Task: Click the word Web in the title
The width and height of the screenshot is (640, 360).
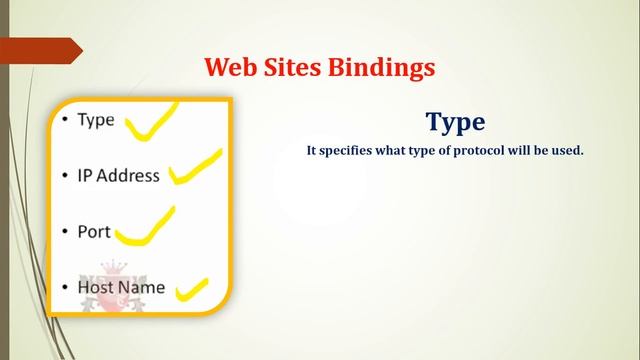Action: point(227,67)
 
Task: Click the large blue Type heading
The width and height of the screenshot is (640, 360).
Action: point(455,122)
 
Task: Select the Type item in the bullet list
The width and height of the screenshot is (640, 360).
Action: point(96,121)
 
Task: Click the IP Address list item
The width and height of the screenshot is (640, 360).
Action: point(118,176)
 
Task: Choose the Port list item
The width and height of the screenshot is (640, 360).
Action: point(94,231)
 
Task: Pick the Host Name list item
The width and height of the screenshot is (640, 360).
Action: point(121,287)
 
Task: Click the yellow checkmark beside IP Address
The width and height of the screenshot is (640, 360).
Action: point(196,168)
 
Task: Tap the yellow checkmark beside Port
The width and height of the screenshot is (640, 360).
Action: point(145,229)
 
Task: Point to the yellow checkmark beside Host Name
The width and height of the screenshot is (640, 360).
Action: point(191,291)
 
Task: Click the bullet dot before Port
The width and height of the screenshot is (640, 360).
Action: point(64,231)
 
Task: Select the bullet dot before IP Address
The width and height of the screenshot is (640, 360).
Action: point(64,176)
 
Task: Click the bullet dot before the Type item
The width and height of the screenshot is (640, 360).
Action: point(64,121)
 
